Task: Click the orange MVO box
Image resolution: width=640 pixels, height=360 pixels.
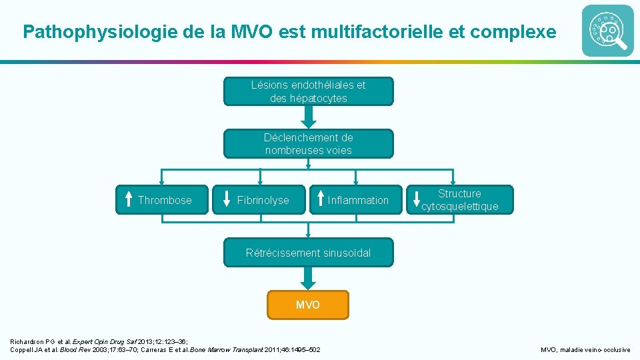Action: pos(308,305)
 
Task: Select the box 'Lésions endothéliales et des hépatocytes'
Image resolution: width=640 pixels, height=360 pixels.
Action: pos(308,91)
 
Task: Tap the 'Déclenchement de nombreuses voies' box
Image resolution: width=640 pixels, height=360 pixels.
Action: pos(308,143)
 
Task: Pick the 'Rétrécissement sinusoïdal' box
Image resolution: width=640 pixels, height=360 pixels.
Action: pos(308,253)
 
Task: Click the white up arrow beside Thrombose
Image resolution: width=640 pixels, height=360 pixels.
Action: pos(129,199)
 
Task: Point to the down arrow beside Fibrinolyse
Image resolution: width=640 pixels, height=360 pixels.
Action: pos(225,199)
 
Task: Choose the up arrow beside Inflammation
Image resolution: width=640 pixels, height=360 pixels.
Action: pos(321,199)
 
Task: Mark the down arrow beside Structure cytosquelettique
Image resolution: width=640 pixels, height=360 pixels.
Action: pos(417,199)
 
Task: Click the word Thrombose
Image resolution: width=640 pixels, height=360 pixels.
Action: pos(165,200)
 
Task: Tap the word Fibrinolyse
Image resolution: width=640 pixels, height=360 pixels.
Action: pos(263,200)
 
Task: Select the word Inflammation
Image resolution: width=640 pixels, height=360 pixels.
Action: pos(358,200)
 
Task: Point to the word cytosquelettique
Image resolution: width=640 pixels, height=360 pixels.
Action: pos(460,207)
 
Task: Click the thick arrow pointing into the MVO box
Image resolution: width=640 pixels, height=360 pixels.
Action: pos(308,277)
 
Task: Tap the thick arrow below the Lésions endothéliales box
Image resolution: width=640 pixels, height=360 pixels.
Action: pos(308,117)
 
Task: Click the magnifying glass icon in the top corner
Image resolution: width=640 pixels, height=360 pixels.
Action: pos(607,31)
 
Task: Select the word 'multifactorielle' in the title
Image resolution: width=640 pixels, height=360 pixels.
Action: pos(371,31)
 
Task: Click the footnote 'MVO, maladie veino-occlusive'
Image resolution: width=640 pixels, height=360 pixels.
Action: pos(585,349)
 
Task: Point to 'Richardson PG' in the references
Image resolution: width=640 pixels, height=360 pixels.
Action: pos(33,341)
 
